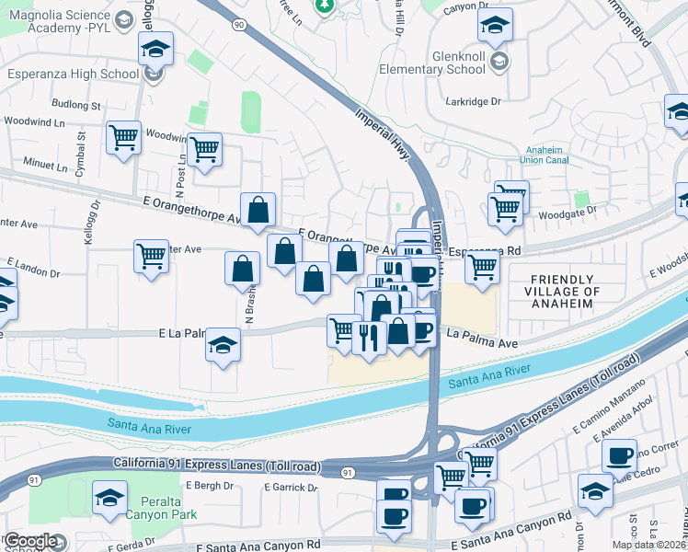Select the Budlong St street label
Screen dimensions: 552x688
(76, 106)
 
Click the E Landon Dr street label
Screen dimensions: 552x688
(33, 272)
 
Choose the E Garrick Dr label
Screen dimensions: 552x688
(287, 487)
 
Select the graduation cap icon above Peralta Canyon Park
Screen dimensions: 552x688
(109, 498)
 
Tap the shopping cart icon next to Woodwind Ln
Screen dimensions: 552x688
(123, 138)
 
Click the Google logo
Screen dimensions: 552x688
(30, 542)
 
